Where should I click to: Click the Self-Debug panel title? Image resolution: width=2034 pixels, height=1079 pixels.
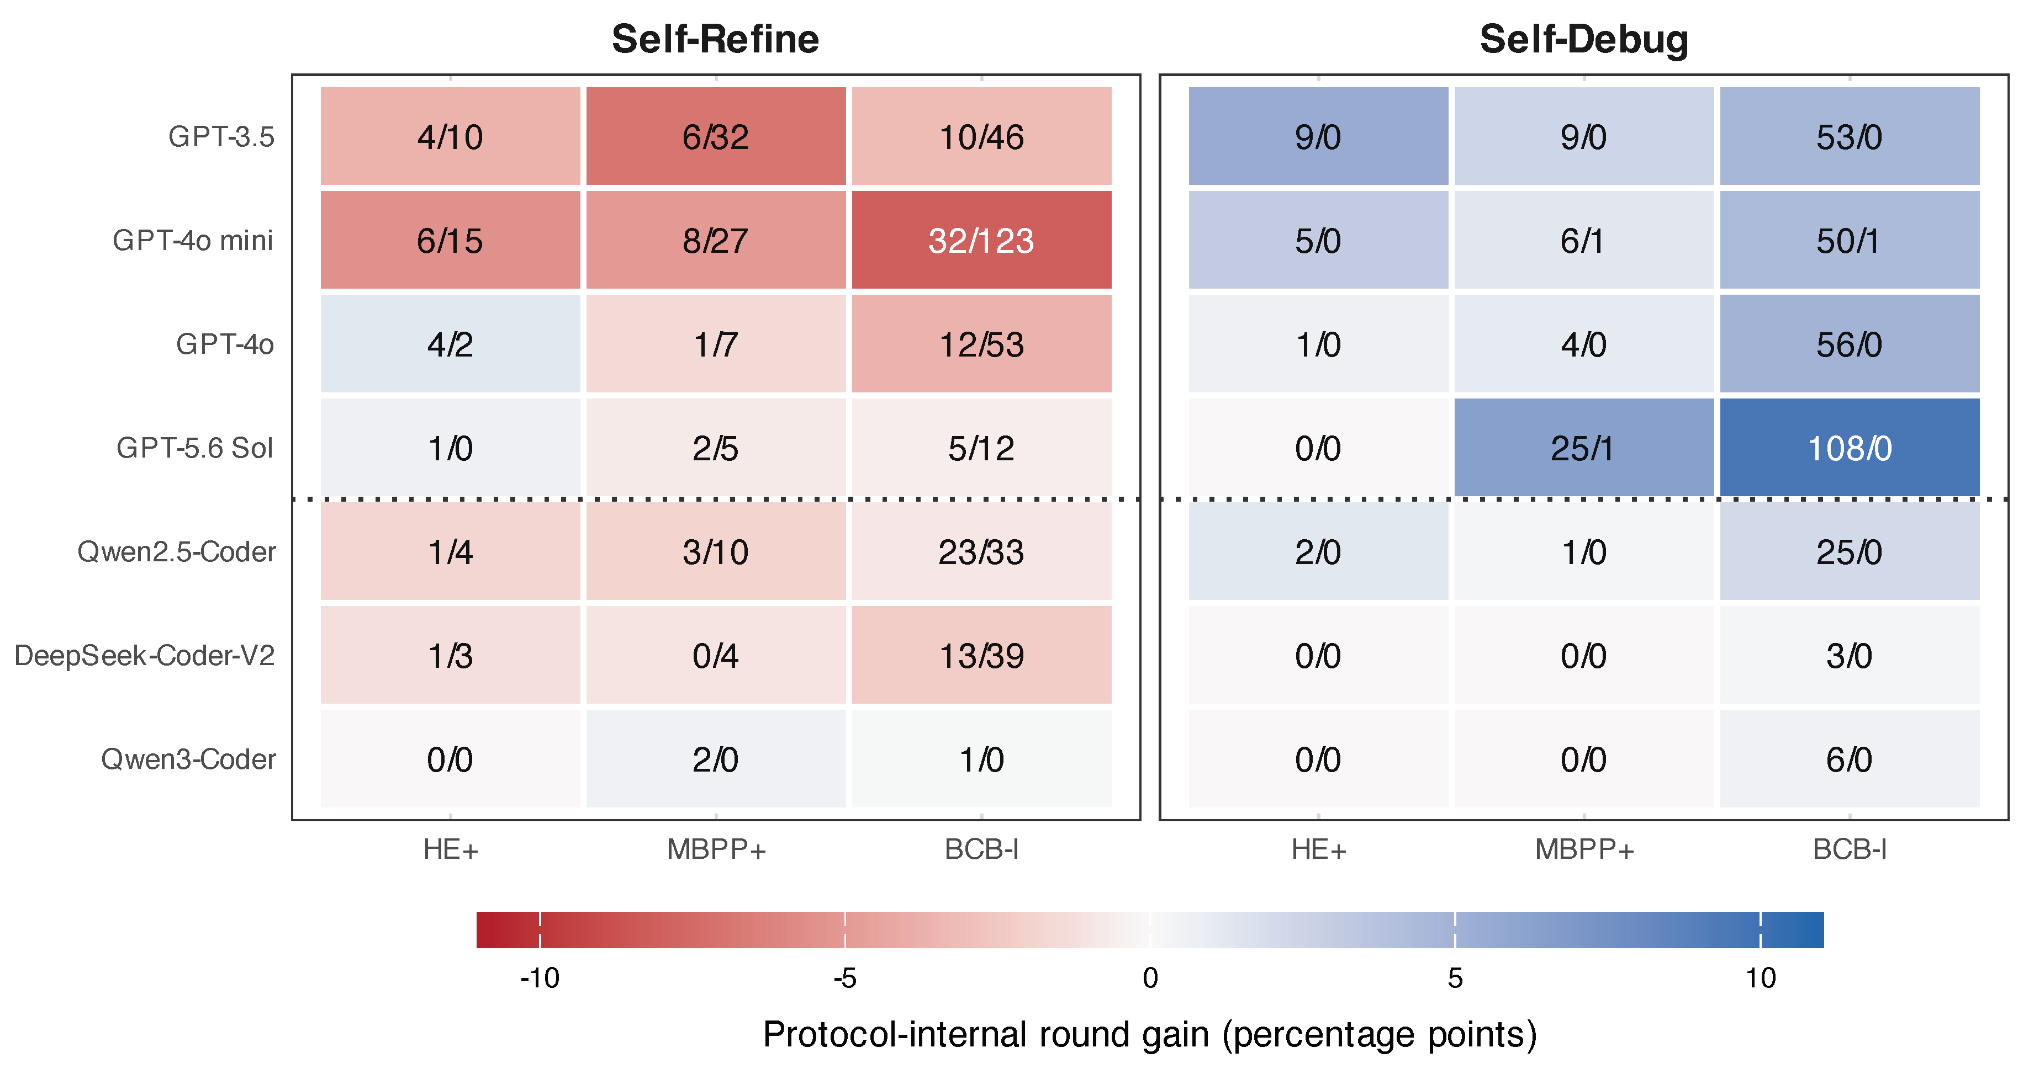click(x=1584, y=40)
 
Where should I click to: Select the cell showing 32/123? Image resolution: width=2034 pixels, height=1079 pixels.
click(x=981, y=240)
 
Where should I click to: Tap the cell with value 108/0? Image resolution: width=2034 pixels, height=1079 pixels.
click(x=1849, y=448)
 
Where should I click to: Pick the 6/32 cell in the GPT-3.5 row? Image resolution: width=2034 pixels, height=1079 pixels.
click(x=715, y=136)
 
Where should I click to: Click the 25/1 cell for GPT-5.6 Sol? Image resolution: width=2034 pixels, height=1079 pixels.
click(x=1584, y=448)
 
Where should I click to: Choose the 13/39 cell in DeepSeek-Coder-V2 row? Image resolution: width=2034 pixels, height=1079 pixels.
click(x=981, y=655)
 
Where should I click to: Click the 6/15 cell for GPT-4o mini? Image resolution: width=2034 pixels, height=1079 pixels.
click(x=450, y=240)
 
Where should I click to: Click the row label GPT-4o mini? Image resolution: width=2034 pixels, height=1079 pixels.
click(x=193, y=240)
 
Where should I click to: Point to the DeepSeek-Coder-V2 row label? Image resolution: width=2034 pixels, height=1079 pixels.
click(x=145, y=655)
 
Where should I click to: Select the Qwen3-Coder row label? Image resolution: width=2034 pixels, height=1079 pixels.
click(x=188, y=759)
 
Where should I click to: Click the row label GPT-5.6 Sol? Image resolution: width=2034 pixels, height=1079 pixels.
click(x=194, y=448)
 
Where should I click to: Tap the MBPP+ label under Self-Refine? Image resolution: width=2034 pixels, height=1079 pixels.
click(x=716, y=849)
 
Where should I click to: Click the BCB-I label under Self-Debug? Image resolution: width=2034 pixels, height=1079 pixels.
click(x=1849, y=849)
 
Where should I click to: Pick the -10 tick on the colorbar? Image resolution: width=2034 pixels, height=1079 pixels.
click(x=540, y=978)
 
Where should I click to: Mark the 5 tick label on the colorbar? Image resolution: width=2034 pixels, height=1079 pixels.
click(x=1455, y=978)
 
